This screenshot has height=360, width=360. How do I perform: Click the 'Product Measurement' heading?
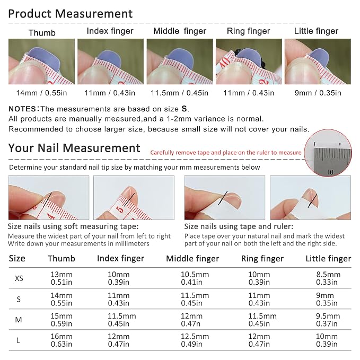(x=71, y=14)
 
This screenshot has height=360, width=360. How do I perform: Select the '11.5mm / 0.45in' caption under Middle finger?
(x=180, y=93)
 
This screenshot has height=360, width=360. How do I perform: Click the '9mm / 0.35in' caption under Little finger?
(x=318, y=93)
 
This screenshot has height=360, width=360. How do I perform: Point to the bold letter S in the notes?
(x=184, y=109)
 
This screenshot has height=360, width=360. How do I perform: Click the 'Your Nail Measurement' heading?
(x=74, y=148)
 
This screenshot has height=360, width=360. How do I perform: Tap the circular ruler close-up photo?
(x=328, y=153)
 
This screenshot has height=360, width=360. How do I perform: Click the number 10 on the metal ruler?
(x=330, y=172)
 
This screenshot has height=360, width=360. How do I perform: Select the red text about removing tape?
(x=226, y=153)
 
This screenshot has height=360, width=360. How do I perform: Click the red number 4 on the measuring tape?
(x=51, y=216)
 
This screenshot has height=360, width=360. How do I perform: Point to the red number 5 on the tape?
(x=120, y=210)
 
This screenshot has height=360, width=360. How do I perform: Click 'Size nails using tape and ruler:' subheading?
(x=239, y=226)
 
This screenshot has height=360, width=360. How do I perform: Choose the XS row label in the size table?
(x=19, y=278)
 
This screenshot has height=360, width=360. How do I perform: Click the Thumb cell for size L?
(x=62, y=340)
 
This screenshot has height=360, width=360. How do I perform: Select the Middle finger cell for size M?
(x=191, y=320)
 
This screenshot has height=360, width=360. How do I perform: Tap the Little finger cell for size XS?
(x=328, y=278)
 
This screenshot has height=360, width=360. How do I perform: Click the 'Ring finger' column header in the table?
(x=262, y=259)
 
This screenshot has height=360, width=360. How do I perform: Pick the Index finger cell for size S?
(x=118, y=299)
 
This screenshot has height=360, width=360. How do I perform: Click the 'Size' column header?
(x=17, y=258)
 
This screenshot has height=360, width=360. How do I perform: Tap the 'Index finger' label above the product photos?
(x=110, y=31)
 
